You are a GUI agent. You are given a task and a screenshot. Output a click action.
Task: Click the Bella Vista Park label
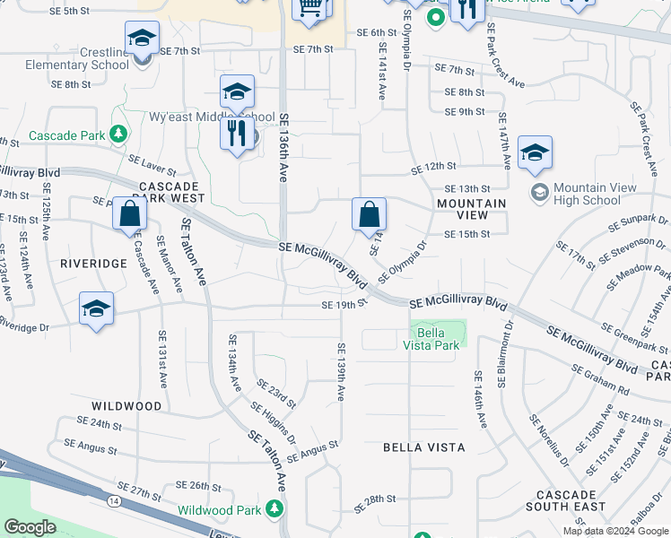[438, 339]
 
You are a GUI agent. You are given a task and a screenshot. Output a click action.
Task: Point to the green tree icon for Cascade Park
[118, 135]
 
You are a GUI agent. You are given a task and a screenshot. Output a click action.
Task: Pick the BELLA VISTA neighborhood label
[423, 447]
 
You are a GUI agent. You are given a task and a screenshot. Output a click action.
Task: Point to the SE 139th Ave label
[341, 372]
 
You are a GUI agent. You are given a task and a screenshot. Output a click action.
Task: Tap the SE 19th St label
[345, 304]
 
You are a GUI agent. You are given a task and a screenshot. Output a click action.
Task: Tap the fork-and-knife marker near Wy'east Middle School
[235, 134]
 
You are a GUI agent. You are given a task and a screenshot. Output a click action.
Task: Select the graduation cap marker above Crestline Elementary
[142, 39]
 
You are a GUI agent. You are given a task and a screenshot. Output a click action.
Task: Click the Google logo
[30, 527]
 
